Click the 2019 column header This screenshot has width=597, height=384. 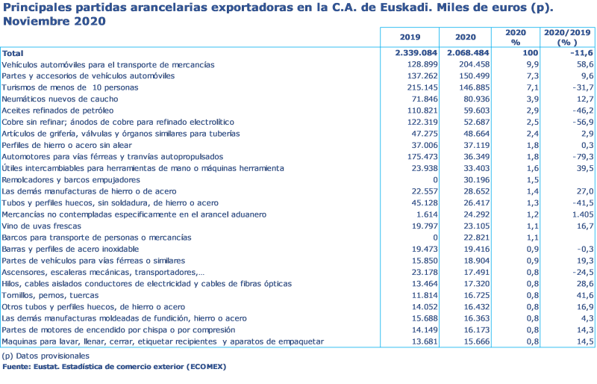410,37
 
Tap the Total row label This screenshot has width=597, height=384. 13,54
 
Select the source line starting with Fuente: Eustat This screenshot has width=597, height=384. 113,367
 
